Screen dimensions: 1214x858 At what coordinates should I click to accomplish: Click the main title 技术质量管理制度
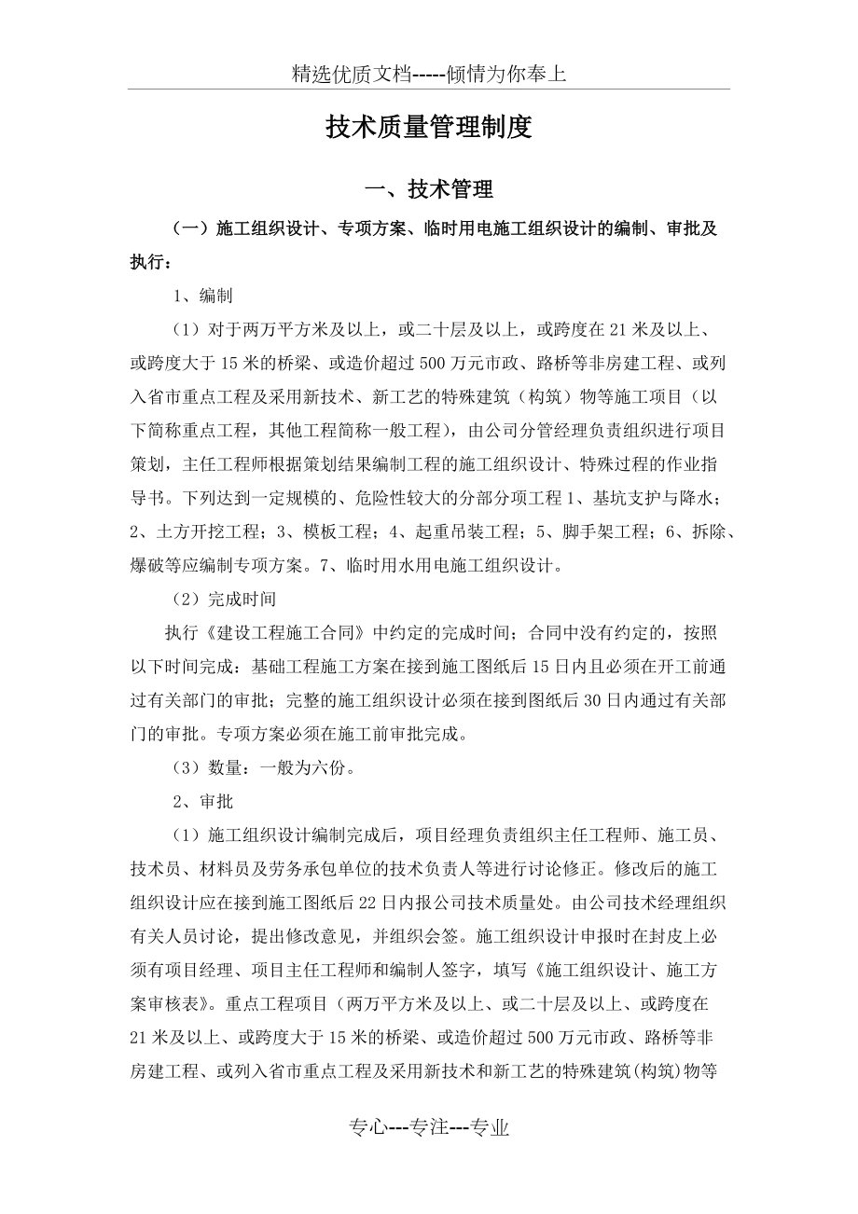click(x=429, y=128)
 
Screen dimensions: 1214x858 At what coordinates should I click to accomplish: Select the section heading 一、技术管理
click(x=429, y=190)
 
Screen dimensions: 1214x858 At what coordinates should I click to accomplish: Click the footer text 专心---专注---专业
click(x=429, y=1127)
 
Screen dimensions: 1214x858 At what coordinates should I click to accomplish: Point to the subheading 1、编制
click(x=202, y=297)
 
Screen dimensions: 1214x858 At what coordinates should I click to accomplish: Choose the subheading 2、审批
click(x=202, y=801)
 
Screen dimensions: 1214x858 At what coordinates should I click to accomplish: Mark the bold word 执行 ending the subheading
click(x=146, y=263)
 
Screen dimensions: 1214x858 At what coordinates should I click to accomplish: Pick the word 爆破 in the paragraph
click(x=147, y=565)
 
